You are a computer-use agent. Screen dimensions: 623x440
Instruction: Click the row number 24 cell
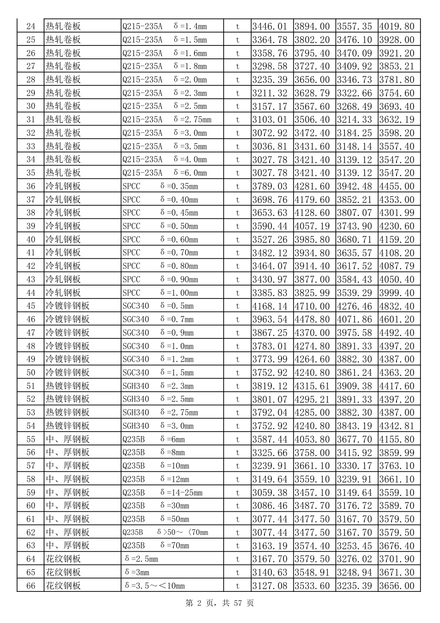[x=31, y=26]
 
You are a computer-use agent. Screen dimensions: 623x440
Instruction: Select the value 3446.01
[x=270, y=26]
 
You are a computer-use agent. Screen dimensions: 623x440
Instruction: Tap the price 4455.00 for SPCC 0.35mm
[x=397, y=186]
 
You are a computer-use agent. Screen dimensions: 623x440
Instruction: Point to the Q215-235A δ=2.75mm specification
[x=167, y=120]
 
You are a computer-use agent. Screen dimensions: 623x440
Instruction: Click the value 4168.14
[x=270, y=306]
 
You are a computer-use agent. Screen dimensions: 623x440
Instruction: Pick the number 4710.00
[x=312, y=306]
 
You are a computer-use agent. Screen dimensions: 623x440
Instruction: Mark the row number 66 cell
[x=31, y=586]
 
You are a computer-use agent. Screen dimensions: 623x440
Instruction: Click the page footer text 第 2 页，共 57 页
[x=220, y=603]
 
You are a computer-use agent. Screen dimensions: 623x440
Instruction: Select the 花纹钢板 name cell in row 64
[x=63, y=559]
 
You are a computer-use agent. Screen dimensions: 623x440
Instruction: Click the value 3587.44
[x=270, y=439]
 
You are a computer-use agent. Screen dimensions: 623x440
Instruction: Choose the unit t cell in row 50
[x=238, y=373]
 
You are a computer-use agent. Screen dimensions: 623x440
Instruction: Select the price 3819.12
[x=270, y=386]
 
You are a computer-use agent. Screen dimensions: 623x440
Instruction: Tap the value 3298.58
[x=270, y=66]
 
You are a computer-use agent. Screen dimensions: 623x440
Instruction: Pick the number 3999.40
[x=397, y=293]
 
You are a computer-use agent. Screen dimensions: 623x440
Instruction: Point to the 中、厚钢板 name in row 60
[x=68, y=506]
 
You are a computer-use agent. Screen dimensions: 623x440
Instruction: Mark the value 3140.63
[x=270, y=572]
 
